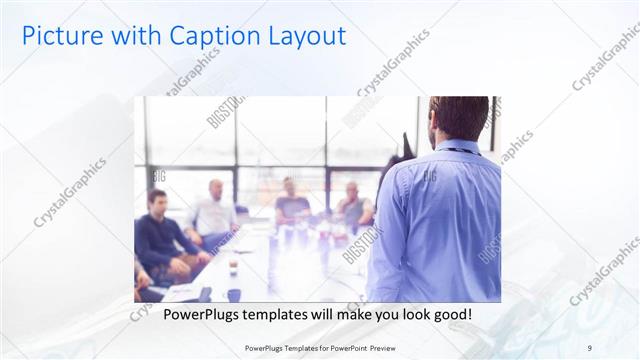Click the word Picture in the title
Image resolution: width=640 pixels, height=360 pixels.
coord(58,36)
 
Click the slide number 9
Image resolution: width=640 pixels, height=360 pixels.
coord(590,347)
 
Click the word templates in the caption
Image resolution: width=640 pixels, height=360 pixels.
coord(290,315)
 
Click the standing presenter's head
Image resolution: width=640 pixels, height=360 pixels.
coord(458,118)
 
